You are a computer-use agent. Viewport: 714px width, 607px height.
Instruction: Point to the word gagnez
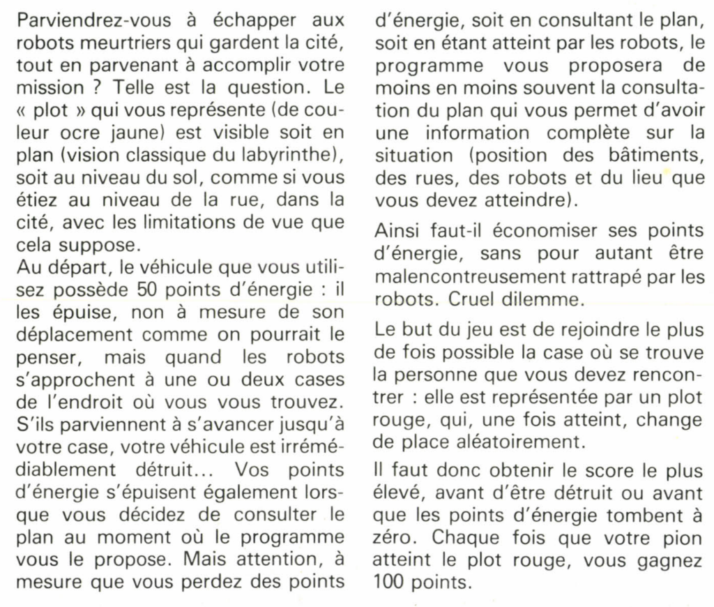pyautogui.click(x=670, y=560)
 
